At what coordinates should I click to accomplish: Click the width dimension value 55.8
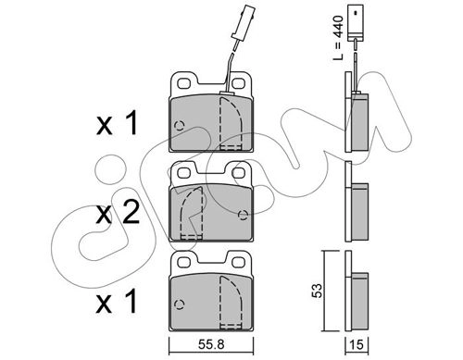coord(211,344)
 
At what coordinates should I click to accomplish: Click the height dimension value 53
coord(317,291)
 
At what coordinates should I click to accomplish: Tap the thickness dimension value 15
coord(357,344)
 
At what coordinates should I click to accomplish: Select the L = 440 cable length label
coord(338,38)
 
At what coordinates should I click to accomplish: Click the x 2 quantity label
coord(118,214)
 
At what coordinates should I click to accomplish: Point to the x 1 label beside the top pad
coord(117,124)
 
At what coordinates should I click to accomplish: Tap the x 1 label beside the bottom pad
coord(117,303)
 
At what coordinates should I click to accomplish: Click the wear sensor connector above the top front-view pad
coord(241,22)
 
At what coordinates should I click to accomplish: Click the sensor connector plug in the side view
coord(356,23)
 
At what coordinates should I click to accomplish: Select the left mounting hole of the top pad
coord(184,83)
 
